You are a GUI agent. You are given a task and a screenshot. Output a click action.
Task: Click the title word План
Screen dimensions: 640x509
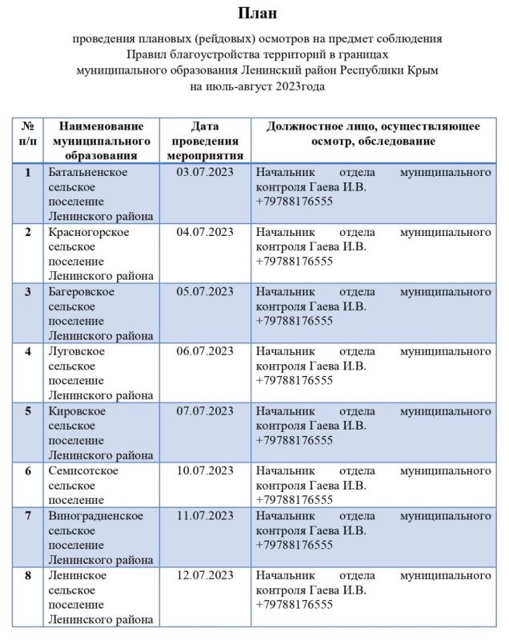(254, 14)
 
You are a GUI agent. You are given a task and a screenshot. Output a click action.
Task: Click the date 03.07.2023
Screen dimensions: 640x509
(205, 173)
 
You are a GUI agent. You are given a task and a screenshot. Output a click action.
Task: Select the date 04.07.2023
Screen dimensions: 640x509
(205, 232)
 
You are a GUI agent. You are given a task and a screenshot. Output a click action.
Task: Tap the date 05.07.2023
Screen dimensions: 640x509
(205, 291)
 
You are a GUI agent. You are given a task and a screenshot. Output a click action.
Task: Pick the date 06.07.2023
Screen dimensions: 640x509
(205, 351)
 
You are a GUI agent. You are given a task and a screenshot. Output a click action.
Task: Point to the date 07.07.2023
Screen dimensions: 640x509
(205, 410)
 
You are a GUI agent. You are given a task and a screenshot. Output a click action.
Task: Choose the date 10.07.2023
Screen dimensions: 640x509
(205, 470)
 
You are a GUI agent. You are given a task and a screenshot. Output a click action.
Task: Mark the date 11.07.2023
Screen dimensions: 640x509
(205, 515)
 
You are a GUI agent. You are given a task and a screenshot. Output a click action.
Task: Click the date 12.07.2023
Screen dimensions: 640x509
(205, 574)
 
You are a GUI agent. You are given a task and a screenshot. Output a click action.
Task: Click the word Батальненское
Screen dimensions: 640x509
(88, 173)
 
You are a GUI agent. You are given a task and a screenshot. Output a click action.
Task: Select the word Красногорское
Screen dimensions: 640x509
(89, 232)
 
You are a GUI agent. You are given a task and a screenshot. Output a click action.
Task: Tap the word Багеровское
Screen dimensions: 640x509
(81, 291)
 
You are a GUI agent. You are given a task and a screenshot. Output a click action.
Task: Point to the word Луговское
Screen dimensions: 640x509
(74, 351)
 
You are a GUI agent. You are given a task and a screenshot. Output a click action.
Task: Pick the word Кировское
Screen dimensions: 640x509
(77, 410)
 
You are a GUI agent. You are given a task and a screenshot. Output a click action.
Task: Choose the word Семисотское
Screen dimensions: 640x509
(83, 470)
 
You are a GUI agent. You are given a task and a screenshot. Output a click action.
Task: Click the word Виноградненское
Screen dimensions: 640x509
(96, 515)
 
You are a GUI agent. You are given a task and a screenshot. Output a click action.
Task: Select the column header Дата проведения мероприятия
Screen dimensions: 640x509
(205, 141)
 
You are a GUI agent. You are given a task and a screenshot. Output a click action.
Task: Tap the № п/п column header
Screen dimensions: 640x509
(28, 134)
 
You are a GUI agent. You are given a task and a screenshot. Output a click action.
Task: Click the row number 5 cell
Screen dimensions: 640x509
(28, 410)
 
